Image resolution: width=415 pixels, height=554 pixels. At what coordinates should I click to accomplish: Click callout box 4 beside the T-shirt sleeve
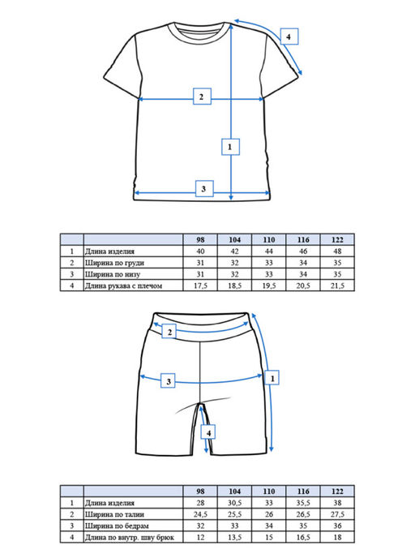tap(289, 37)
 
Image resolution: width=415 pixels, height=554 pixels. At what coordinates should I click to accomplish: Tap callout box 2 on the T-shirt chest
tap(202, 96)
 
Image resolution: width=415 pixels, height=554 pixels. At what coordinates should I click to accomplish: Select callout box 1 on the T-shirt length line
tap(230, 147)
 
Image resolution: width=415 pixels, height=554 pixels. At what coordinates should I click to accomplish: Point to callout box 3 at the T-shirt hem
tap(204, 188)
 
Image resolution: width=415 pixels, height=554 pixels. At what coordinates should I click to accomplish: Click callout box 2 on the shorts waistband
tap(170, 332)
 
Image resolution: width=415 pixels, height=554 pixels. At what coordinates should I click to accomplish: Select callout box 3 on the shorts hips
tap(168, 380)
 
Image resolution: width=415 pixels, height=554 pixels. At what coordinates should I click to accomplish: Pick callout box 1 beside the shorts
tap(272, 378)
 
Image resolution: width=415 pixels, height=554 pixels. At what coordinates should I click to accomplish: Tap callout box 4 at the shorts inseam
tap(208, 432)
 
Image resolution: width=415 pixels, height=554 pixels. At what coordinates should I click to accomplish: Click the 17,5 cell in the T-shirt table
tap(200, 286)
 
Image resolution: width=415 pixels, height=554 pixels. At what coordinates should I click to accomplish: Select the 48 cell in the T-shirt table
tap(337, 251)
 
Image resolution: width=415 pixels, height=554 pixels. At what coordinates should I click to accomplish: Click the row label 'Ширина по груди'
tap(114, 263)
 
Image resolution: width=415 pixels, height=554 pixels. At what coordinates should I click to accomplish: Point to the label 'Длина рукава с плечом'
tap(124, 286)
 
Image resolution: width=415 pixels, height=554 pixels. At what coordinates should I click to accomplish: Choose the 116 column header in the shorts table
tap(303, 491)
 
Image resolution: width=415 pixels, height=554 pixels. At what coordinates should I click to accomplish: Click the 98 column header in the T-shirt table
tap(200, 239)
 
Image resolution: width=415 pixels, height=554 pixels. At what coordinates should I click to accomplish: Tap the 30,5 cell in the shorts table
tap(234, 503)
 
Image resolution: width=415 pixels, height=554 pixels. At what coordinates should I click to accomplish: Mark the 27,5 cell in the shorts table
tap(337, 514)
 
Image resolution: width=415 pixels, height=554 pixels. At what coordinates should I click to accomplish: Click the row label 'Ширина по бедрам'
tap(117, 526)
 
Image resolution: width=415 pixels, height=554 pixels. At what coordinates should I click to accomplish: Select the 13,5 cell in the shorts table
tap(234, 538)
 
